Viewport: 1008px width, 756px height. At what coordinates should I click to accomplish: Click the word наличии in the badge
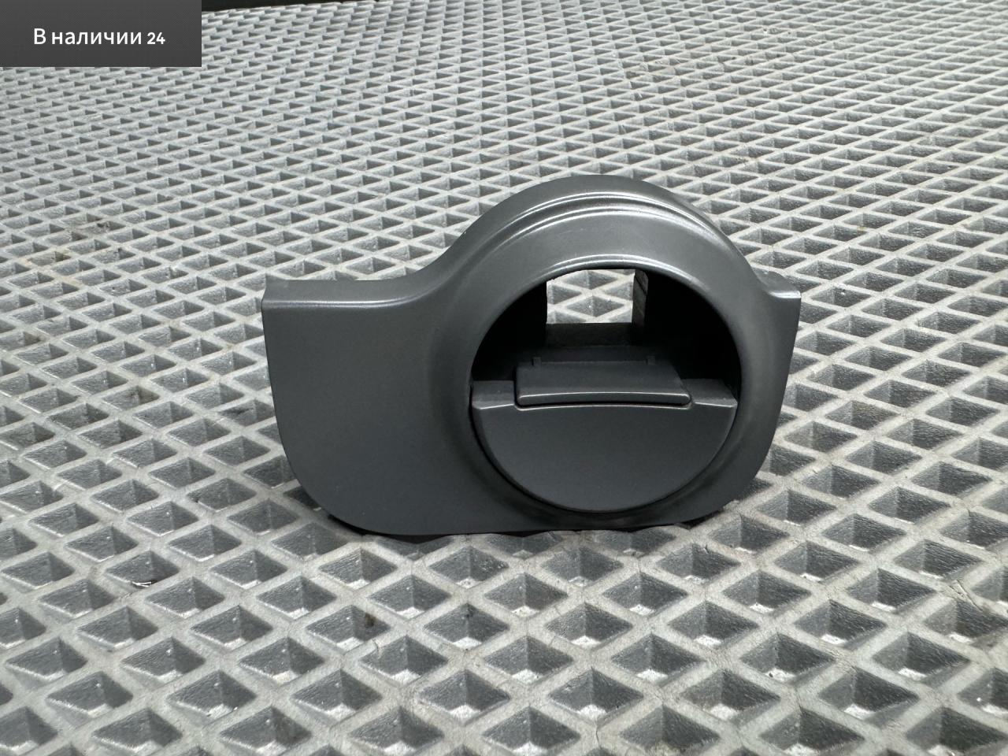[95, 38]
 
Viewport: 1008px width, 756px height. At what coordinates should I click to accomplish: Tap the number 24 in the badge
[156, 39]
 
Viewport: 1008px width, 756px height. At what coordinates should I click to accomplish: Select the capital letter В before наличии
[40, 37]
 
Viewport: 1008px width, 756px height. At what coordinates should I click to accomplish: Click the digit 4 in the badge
[161, 39]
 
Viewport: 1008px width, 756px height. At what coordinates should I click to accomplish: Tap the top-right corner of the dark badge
[201, 0]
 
